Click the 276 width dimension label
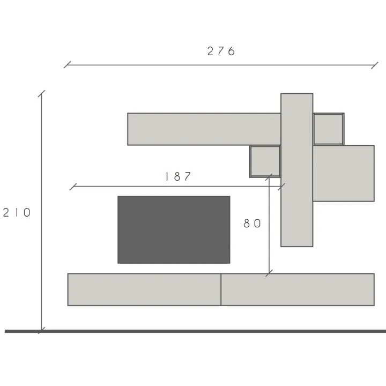point(221,51)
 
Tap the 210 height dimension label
point(17,212)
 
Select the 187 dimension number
point(178,176)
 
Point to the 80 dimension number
point(252,224)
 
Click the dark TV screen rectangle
point(174,229)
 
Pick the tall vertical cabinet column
point(297,170)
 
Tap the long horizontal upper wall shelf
point(204,129)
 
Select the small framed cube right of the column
point(329,129)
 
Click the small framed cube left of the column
point(265,161)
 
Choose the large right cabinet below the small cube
point(344,173)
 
